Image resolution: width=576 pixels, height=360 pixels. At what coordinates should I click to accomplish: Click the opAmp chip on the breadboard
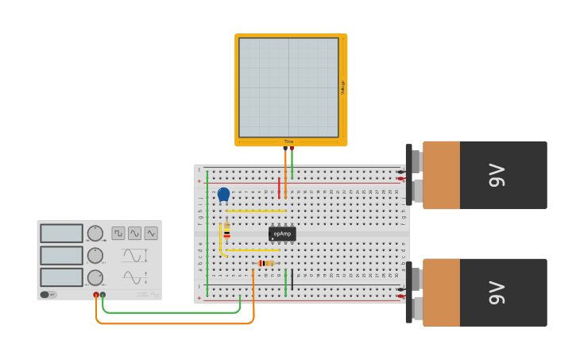click(x=282, y=234)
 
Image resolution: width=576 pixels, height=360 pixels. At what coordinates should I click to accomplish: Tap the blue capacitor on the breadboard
click(x=223, y=193)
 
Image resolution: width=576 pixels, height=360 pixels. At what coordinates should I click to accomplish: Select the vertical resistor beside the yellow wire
click(x=226, y=231)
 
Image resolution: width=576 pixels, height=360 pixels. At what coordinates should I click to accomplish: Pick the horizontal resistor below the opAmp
click(x=266, y=263)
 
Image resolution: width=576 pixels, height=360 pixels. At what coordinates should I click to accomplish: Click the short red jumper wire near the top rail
click(x=279, y=188)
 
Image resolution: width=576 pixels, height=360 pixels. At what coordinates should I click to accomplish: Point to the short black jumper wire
click(x=292, y=279)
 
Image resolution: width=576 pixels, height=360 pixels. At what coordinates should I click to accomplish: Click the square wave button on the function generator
click(x=118, y=233)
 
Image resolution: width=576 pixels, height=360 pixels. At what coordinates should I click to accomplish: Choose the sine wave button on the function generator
click(x=134, y=233)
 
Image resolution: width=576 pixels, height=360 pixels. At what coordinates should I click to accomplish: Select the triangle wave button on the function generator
click(x=150, y=233)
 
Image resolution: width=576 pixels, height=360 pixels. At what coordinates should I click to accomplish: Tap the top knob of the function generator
click(x=95, y=233)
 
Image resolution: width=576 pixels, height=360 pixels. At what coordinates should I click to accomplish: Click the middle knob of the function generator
click(x=95, y=255)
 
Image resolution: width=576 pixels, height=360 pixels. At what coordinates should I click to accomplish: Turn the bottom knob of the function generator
click(x=95, y=277)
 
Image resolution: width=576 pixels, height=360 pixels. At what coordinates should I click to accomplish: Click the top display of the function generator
click(x=61, y=233)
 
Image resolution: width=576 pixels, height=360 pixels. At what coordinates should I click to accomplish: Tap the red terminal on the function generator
click(x=96, y=295)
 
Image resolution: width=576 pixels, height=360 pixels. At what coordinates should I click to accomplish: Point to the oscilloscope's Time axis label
click(x=288, y=141)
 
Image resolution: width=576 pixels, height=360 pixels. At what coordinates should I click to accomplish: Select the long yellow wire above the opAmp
click(x=256, y=211)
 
